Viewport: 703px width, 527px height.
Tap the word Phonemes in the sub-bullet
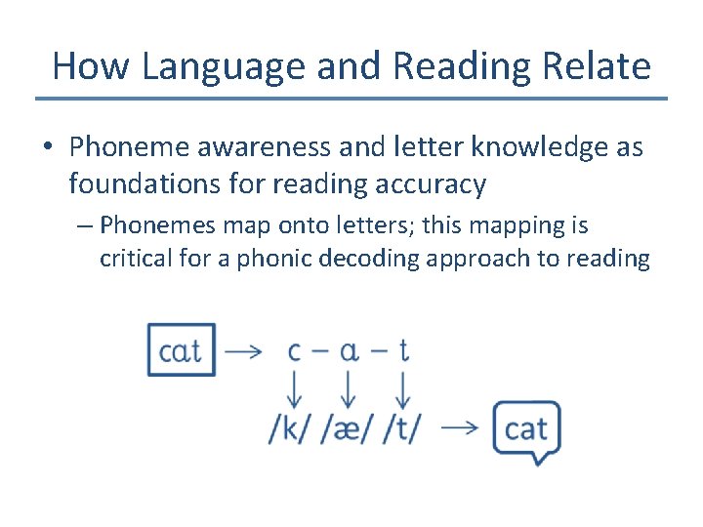158,225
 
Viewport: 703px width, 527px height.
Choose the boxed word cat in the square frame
182,349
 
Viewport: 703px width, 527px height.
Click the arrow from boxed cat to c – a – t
244,350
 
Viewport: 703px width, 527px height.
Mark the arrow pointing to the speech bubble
458,427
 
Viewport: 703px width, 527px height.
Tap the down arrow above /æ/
347,391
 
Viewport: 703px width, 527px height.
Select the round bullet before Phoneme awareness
49,147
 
